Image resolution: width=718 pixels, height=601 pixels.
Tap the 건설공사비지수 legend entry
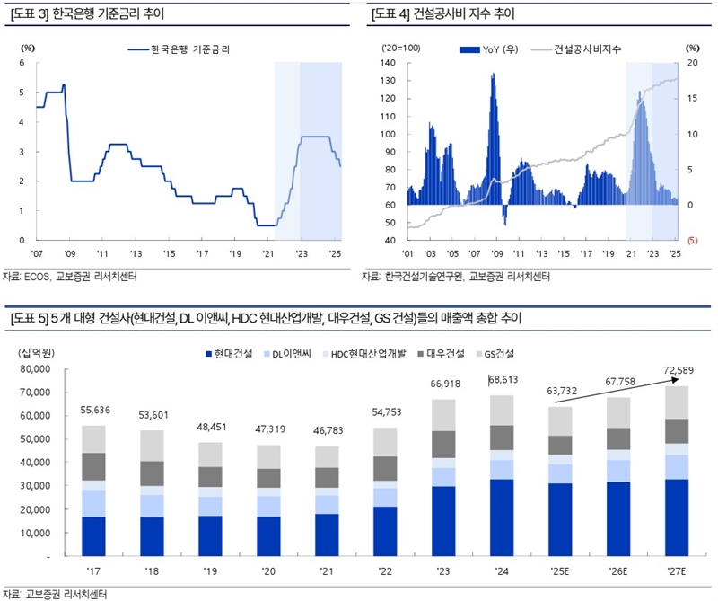(x=582, y=49)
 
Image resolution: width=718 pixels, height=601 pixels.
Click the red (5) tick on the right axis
(x=692, y=241)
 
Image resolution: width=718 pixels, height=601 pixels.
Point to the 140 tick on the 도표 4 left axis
(x=389, y=63)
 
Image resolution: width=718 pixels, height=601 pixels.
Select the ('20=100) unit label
(x=395, y=47)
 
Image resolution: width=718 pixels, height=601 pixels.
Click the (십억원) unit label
(x=37, y=353)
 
